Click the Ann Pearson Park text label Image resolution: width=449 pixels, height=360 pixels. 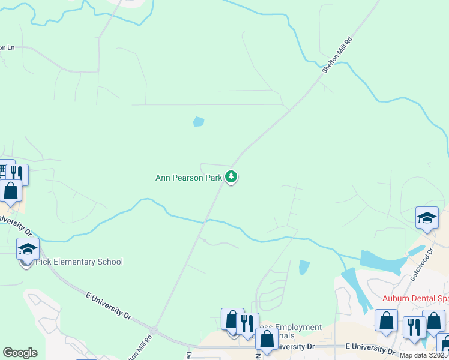pyautogui.click(x=189, y=178)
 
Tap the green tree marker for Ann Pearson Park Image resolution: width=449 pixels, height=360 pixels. pyautogui.click(x=231, y=177)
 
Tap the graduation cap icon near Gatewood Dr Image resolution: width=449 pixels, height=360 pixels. pyautogui.click(x=427, y=217)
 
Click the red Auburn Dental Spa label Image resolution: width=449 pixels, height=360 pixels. pyautogui.click(x=415, y=298)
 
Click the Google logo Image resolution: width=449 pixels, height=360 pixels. pyautogui.click(x=20, y=353)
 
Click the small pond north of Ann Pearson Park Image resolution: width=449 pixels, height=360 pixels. pyautogui.click(x=198, y=122)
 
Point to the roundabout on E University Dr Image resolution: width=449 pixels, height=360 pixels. pyautogui.click(x=154, y=331)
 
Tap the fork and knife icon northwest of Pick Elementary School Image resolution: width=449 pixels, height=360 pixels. pyautogui.click(x=17, y=175)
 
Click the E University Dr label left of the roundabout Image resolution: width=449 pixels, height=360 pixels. pyautogui.click(x=107, y=305)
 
